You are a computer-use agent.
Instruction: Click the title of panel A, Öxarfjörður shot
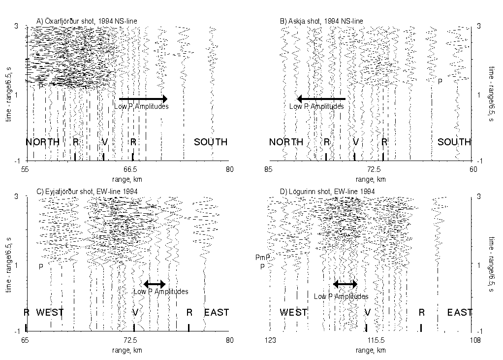click(x=87, y=21)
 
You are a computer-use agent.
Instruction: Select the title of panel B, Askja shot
click(x=321, y=21)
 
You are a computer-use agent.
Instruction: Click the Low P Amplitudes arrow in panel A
click(x=143, y=98)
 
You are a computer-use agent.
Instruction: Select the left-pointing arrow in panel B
click(x=321, y=98)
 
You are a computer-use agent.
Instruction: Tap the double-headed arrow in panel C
click(x=155, y=284)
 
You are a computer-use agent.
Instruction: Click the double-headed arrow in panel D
click(x=346, y=284)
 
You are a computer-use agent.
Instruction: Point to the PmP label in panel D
click(x=261, y=258)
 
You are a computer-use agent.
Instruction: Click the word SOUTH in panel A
click(x=211, y=142)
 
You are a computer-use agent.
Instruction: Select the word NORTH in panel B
click(x=286, y=142)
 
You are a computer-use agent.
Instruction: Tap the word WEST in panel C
click(x=50, y=312)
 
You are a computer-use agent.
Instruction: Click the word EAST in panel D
click(x=460, y=312)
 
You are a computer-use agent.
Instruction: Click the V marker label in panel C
click(x=135, y=312)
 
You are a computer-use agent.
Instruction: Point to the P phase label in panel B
click(x=440, y=81)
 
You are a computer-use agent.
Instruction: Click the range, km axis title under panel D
click(x=370, y=350)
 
